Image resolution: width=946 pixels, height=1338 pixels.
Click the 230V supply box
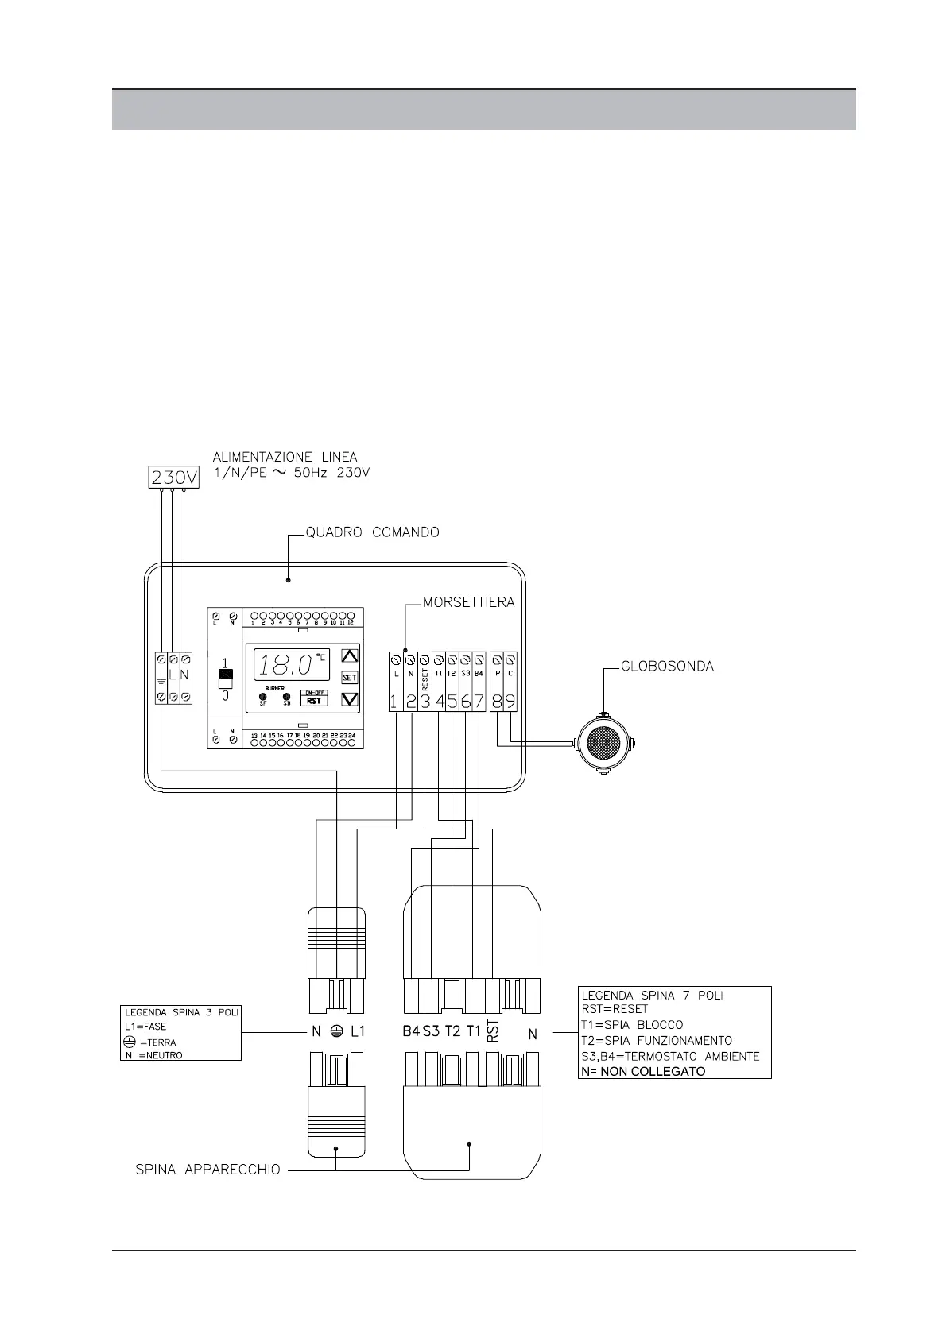click(174, 478)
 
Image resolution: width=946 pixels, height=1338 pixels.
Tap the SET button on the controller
click(349, 678)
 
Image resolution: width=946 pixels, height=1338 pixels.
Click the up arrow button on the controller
click(349, 656)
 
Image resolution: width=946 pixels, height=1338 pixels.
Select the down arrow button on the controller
click(349, 699)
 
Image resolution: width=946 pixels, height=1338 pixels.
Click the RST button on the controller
click(314, 701)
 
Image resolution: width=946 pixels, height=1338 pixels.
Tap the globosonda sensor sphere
click(603, 744)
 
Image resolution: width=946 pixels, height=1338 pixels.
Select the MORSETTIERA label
click(468, 602)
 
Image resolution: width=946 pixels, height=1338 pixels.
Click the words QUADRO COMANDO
click(373, 532)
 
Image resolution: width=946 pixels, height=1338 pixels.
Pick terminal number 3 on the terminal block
click(425, 702)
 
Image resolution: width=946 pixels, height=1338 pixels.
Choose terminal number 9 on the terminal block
click(510, 702)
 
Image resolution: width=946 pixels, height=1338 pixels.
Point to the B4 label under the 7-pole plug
click(410, 1032)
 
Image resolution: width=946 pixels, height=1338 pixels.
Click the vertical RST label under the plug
click(492, 1031)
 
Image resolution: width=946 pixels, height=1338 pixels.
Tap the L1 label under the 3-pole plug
click(357, 1032)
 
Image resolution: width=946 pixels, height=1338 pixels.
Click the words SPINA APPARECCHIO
click(207, 1170)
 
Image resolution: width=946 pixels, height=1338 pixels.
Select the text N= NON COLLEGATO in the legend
click(643, 1071)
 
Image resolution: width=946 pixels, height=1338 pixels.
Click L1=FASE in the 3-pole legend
click(145, 1027)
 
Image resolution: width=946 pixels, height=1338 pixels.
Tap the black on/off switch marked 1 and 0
click(225, 679)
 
